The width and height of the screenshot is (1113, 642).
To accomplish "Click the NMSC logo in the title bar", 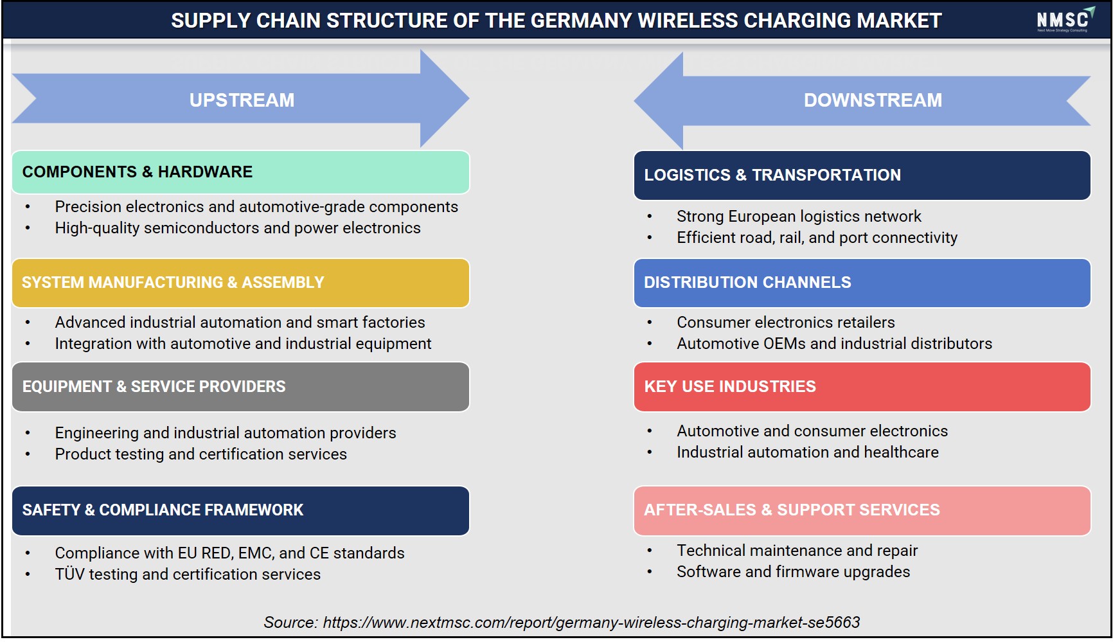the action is pyautogui.click(x=1065, y=20).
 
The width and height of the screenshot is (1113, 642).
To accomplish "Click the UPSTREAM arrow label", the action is pyautogui.click(x=242, y=100).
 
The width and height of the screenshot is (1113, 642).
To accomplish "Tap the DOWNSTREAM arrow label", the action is pyautogui.click(x=873, y=100).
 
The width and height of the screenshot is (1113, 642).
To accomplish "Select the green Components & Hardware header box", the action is pyautogui.click(x=240, y=172).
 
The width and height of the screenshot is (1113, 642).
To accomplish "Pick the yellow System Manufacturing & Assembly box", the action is pyautogui.click(x=240, y=283).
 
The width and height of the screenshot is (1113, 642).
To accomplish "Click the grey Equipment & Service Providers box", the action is pyautogui.click(x=240, y=387).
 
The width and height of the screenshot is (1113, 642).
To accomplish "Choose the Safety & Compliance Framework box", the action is pyautogui.click(x=240, y=510).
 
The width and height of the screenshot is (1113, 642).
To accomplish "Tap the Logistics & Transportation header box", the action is pyautogui.click(x=862, y=175).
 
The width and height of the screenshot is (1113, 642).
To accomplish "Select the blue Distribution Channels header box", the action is pyautogui.click(x=862, y=283).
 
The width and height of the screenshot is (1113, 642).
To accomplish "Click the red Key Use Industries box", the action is pyautogui.click(x=862, y=387).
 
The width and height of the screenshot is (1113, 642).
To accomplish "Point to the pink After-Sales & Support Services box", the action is pyautogui.click(x=862, y=510).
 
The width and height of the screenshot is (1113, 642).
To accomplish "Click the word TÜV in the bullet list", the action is pyautogui.click(x=69, y=574).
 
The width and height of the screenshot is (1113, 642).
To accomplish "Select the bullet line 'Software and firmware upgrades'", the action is pyautogui.click(x=793, y=572).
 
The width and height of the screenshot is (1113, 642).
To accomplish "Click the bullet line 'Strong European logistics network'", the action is pyautogui.click(x=799, y=217).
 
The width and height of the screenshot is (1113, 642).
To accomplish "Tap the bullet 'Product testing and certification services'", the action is pyautogui.click(x=200, y=454).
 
